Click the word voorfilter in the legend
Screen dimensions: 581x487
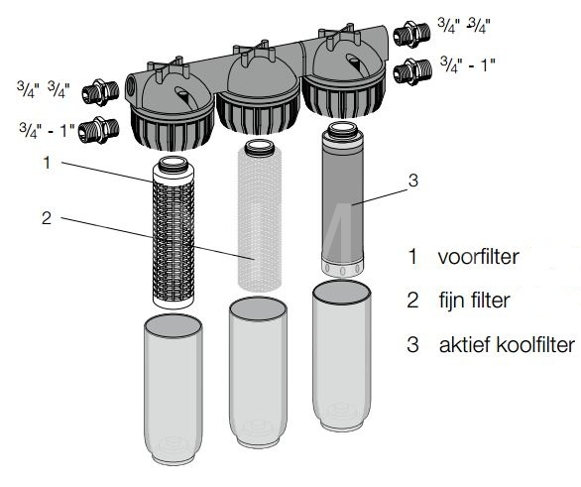coord(478,257)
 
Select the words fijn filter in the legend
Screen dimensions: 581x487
coord(475,301)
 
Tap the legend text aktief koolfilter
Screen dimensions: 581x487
coord(507,345)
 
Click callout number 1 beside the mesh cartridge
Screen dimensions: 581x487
coord(47,163)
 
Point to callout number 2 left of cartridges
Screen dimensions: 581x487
coord(47,218)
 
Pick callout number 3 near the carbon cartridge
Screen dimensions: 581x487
coord(413,181)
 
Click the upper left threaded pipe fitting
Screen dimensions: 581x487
coord(100,92)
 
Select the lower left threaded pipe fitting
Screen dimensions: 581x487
coord(99,130)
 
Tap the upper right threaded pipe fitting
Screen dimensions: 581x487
coord(411,34)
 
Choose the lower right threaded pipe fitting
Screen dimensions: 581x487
coord(412,71)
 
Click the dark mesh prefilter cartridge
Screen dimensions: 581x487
coord(174,232)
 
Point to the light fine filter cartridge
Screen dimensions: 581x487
coord(260,215)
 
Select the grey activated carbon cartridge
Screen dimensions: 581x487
coord(342,199)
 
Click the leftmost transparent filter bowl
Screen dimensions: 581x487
coord(174,389)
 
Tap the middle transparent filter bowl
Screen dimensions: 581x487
coord(258,373)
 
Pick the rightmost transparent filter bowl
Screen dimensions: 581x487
coord(342,356)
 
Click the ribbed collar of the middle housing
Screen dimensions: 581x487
coord(258,114)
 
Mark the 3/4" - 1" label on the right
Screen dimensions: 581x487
coord(468,65)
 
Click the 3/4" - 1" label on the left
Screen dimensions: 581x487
coord(47,130)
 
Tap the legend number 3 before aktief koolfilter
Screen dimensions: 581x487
coord(412,344)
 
